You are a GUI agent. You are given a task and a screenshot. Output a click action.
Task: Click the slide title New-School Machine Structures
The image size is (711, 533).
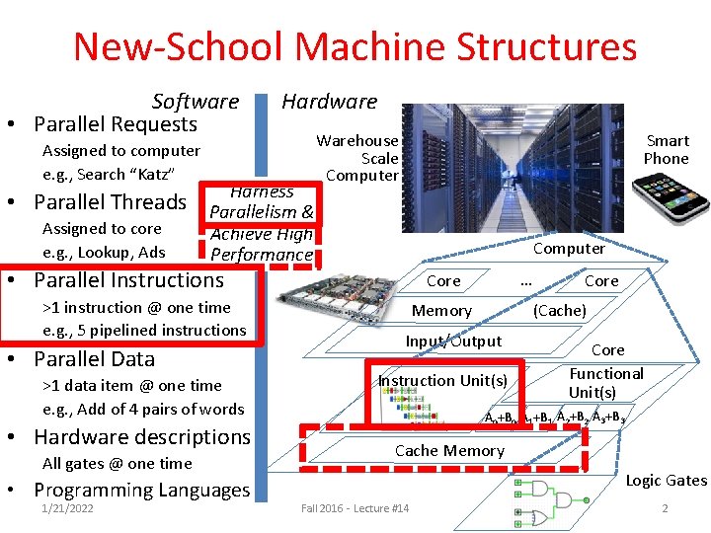[x=355, y=46]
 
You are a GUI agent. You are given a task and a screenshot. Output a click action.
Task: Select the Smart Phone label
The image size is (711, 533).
[x=667, y=149]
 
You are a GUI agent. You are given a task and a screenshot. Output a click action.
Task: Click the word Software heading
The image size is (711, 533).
[x=195, y=101]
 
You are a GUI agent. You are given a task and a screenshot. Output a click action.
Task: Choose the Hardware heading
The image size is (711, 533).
[x=329, y=101]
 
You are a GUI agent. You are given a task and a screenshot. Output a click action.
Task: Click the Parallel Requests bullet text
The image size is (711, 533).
[x=116, y=124]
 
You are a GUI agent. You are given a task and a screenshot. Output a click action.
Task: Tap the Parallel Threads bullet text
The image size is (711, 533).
[x=110, y=202]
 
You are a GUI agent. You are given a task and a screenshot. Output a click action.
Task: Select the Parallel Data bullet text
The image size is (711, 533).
[x=94, y=358]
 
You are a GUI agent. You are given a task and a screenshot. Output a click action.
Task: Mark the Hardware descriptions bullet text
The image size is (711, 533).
[x=142, y=436]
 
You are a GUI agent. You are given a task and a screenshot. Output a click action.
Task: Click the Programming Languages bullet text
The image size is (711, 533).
[x=141, y=491]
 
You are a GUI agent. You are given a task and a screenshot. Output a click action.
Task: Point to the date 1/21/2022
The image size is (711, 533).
[x=68, y=508]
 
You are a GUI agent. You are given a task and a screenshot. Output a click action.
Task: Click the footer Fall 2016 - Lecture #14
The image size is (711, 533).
[x=355, y=508]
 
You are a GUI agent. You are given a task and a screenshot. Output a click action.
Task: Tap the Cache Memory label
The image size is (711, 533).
[x=449, y=451]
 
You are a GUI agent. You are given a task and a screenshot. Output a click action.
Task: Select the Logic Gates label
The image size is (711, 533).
[x=667, y=481]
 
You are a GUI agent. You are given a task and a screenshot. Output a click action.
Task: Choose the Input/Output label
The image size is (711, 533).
[x=453, y=342]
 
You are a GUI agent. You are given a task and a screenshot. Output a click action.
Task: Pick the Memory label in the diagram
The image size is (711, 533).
[x=441, y=311]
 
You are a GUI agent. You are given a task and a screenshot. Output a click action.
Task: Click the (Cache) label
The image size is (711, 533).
[x=560, y=311]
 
